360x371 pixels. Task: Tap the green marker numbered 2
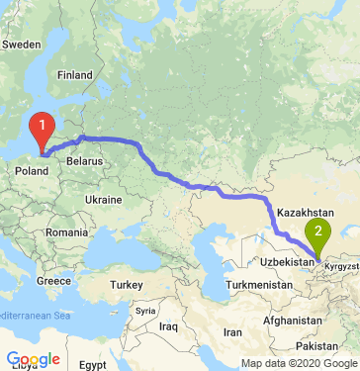click(318, 235)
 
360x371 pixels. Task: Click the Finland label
click(73, 75)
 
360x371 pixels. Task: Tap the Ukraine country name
click(104, 199)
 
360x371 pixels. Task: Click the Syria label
click(146, 310)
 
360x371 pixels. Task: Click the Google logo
click(33, 359)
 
